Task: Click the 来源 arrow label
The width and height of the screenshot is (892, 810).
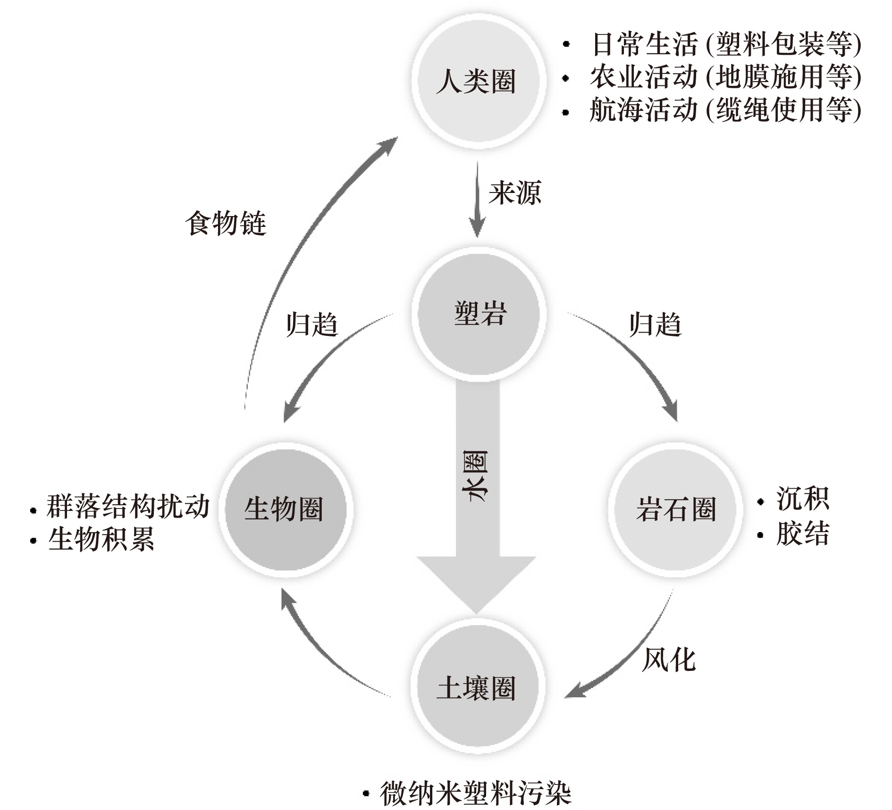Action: [514, 192]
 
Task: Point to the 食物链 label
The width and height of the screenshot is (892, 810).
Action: [226, 223]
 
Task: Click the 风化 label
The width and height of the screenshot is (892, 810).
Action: [668, 659]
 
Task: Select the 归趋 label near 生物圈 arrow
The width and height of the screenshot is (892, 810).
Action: [311, 325]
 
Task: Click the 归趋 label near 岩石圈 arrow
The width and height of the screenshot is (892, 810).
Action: [655, 325]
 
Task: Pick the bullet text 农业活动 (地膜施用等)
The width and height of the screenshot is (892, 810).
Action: [726, 77]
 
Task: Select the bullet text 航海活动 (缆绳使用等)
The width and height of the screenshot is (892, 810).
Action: [726, 110]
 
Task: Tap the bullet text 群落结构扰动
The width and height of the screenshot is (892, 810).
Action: [128, 507]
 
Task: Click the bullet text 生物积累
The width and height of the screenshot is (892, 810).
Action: [101, 539]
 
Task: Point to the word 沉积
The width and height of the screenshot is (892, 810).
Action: [802, 499]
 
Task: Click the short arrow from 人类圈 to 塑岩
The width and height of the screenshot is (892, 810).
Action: [477, 199]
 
